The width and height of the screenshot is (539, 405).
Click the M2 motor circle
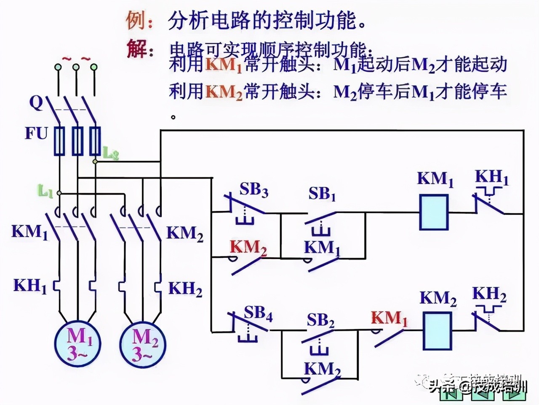pyautogui.click(x=144, y=344)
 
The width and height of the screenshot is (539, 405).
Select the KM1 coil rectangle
pyautogui.click(x=434, y=212)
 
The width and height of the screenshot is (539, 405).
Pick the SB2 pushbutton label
pyautogui.click(x=320, y=321)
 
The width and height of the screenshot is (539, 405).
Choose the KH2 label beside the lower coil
pyautogui.click(x=489, y=294)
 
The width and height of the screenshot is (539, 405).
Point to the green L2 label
pyautogui.click(x=111, y=154)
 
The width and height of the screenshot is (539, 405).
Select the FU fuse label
pyautogui.click(x=36, y=134)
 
